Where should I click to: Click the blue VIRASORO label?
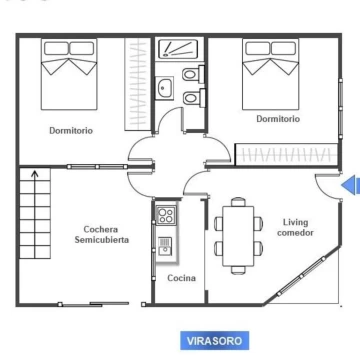pos(215,341)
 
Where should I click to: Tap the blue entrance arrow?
pos(350,186)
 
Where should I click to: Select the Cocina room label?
pos(181,278)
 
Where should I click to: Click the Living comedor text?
pos(295,227)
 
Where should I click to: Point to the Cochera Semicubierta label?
pos(101,234)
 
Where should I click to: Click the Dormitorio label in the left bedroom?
pos(71,130)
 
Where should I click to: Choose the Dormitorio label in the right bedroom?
pos(278,119)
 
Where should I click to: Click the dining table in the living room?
pos(238,236)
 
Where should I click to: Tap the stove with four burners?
pos(166,214)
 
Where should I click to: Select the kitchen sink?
pos(165,247)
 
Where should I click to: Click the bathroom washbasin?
pos(164,88)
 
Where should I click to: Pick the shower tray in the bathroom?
pos(178,49)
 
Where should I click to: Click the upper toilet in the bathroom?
pos(193,74)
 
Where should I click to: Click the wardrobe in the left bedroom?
pos(137,84)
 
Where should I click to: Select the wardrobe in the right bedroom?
pos(287,154)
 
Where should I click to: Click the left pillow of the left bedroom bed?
pos(56,48)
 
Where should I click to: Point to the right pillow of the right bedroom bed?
pos(283,48)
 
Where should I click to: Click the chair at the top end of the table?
pos(238,202)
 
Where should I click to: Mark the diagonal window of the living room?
pos(301,276)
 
